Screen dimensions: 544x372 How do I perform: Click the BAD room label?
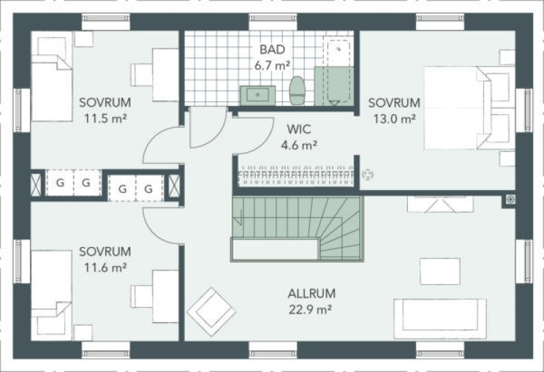click(x=273, y=50)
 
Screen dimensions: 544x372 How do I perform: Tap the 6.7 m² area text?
click(x=273, y=65)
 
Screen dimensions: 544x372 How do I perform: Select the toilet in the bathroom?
click(x=297, y=90)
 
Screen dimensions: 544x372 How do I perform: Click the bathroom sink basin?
click(x=258, y=95)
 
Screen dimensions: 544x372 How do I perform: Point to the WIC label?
click(x=299, y=129)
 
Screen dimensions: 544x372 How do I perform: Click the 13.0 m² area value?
click(x=394, y=119)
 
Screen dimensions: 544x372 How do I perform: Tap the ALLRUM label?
click(x=311, y=294)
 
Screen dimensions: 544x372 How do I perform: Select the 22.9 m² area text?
click(x=310, y=310)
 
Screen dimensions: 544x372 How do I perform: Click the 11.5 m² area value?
click(x=105, y=119)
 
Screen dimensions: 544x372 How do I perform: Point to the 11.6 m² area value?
click(x=105, y=267)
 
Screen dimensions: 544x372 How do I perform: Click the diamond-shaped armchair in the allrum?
click(x=211, y=312)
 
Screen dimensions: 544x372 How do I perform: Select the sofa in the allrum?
click(x=440, y=319)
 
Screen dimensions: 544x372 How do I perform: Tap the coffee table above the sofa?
click(x=440, y=272)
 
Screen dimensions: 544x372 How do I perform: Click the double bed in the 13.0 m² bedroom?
click(x=469, y=108)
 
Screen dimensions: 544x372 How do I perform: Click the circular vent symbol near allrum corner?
click(x=511, y=199)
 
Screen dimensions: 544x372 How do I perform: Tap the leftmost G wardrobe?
click(x=60, y=183)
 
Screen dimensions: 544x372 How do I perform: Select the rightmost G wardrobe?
click(x=149, y=189)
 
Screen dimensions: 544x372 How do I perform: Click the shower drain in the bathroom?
click(x=339, y=50)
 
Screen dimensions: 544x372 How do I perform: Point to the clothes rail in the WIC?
click(x=296, y=176)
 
